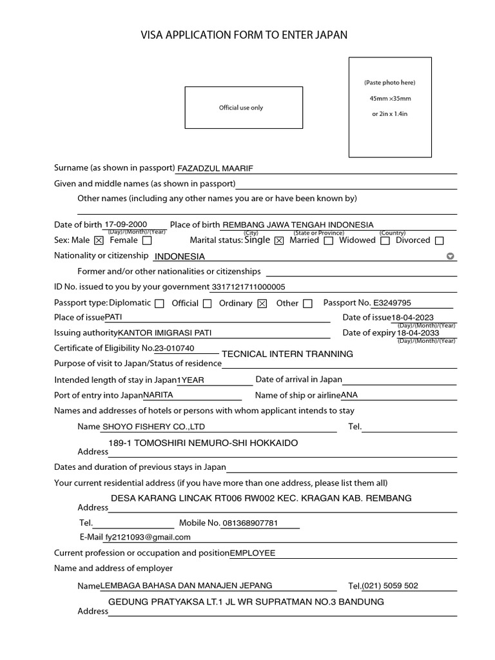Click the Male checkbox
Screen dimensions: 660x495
(x=99, y=241)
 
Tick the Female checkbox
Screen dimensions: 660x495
(x=147, y=241)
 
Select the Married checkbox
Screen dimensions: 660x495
(x=329, y=241)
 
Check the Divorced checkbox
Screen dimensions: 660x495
(x=440, y=241)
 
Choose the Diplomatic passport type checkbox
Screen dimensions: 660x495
(x=159, y=304)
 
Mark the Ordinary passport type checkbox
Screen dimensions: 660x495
(x=262, y=304)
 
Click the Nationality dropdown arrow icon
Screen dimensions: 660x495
(x=451, y=256)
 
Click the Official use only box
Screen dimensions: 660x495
(x=243, y=108)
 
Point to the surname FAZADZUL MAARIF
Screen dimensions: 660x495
(x=215, y=168)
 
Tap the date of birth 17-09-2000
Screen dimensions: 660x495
(x=126, y=224)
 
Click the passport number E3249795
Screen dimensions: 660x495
(x=392, y=302)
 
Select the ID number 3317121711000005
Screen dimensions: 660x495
(x=247, y=287)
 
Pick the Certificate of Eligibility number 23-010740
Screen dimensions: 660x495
(x=174, y=348)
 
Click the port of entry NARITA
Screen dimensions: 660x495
(x=158, y=394)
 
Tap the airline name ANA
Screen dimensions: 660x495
(x=349, y=394)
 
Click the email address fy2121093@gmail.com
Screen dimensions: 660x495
(x=147, y=536)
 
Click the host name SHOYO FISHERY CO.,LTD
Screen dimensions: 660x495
(x=154, y=427)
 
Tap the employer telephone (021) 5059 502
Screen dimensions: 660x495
(x=390, y=586)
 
